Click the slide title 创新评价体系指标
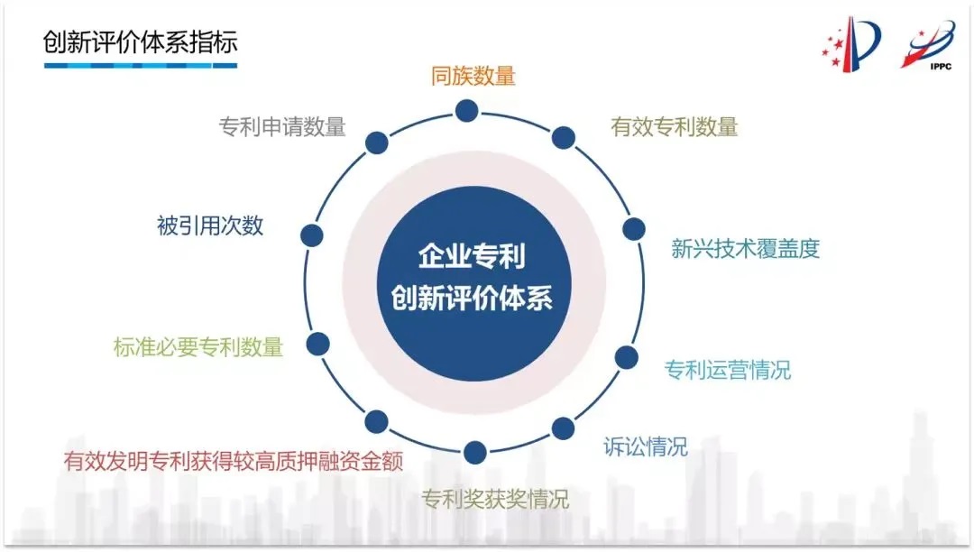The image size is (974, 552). [141, 42]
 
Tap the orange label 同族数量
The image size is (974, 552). [473, 76]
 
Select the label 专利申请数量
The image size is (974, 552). [282, 126]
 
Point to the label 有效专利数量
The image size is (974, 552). [674, 126]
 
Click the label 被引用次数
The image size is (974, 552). [210, 225]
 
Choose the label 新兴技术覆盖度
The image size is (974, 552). [746, 248]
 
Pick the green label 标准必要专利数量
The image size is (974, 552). [198, 346]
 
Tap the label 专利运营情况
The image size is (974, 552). [728, 370]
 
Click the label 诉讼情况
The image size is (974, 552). [646, 446]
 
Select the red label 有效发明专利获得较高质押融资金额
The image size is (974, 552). [234, 461]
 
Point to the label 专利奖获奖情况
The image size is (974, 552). [495, 499]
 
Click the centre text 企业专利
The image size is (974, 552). [472, 256]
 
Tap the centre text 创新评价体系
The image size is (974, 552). [472, 298]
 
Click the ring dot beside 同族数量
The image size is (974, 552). [466, 111]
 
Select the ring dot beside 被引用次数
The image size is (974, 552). [312, 235]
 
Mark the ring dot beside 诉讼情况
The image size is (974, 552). [563, 428]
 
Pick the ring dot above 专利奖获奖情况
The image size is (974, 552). [475, 453]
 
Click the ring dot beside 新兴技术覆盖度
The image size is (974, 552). [634, 229]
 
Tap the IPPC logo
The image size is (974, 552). [928, 45]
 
